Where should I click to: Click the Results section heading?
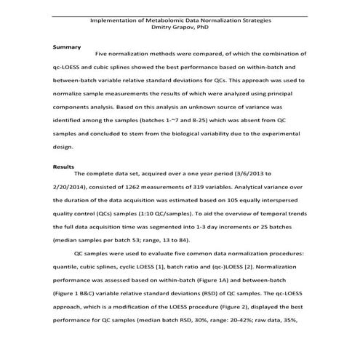64,167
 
